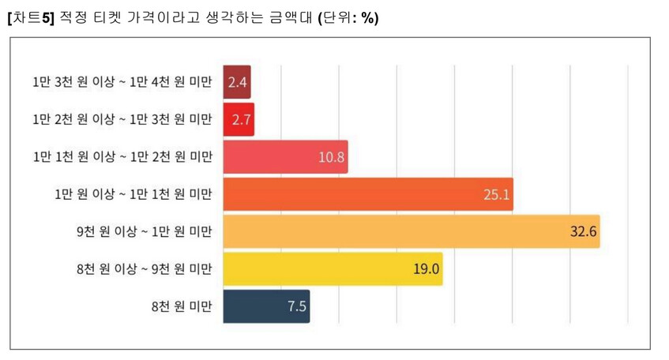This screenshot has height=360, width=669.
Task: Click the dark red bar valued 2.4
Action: pos(237,82)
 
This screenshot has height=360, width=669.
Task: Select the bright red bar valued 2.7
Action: pos(239,119)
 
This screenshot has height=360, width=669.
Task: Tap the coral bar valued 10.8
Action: pos(284,156)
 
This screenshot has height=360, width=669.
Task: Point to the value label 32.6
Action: pos(583,231)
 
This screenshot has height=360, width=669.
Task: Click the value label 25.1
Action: pos(497,194)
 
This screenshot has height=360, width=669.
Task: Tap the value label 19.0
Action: pos(427,269)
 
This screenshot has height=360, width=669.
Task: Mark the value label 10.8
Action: pos(332,156)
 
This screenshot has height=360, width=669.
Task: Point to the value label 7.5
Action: pos(296,306)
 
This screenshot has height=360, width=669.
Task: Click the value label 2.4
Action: pos(238,82)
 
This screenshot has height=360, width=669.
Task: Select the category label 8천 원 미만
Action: pos(183,306)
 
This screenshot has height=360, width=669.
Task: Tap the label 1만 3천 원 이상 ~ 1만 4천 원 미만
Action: pos(122,82)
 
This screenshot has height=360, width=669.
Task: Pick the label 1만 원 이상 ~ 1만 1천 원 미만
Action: pos(133,194)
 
